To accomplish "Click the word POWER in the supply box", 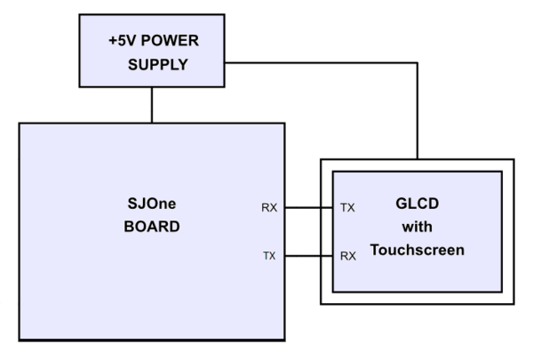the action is (170, 41).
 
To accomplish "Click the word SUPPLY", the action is (158, 65).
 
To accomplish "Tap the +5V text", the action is (123, 41).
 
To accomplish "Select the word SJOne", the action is (152, 204).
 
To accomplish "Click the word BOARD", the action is (152, 227).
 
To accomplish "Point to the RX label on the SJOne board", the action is (269, 208).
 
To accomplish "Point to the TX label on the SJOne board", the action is (269, 255).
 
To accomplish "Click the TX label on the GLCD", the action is (347, 208).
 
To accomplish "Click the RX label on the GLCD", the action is (348, 256).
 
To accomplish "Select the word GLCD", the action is (418, 204).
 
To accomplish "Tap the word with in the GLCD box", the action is (418, 227).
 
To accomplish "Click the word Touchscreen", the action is (418, 250).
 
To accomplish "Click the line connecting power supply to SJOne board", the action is (152, 105).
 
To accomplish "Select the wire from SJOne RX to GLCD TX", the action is (309, 207).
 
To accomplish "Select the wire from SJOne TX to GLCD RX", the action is (309, 256).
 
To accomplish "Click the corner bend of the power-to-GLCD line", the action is (418, 62).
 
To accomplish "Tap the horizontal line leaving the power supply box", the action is (321, 62).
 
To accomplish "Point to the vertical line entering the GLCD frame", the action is (418, 111).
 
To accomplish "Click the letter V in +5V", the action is (131, 41).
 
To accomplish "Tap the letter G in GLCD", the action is (402, 204).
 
